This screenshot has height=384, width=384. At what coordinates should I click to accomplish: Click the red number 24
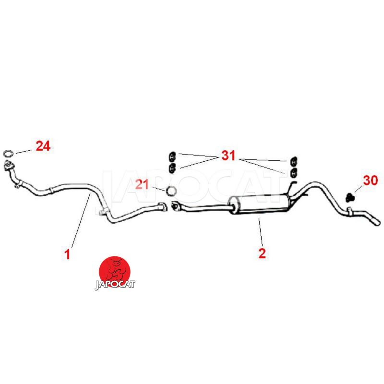(43, 146)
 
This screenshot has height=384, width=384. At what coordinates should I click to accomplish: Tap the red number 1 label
(68, 254)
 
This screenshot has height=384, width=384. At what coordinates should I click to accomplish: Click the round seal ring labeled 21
(170, 191)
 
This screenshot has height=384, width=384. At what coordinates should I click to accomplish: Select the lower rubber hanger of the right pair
(293, 172)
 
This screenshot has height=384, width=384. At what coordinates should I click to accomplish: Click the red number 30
(370, 180)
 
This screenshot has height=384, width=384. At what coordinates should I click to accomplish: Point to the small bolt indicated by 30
(350, 196)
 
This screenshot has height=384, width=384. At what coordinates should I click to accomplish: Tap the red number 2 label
(262, 253)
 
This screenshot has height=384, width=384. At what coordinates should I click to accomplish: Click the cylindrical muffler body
(259, 204)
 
